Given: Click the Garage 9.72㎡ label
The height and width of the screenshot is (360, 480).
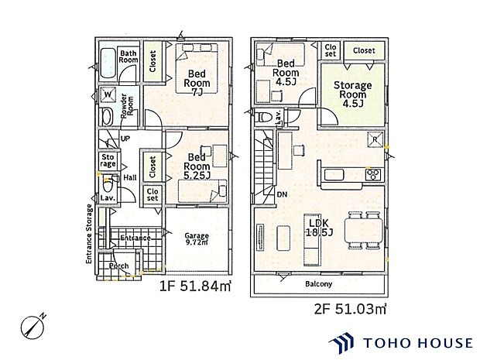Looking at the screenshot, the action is (197, 239).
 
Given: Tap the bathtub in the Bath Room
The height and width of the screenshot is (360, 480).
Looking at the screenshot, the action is (108, 63).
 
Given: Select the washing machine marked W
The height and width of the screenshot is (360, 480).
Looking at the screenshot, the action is (108, 94).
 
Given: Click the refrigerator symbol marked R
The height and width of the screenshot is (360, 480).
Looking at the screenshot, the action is (375, 139).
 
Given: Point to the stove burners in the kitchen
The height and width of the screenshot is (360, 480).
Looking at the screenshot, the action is (373, 175).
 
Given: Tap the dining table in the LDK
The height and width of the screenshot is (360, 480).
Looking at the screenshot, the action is (363, 230).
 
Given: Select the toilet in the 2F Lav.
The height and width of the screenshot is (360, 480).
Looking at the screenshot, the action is (263, 117).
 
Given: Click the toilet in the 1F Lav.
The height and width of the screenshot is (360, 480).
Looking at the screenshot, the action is (108, 184).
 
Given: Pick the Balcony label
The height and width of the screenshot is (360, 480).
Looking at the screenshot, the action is (318, 284).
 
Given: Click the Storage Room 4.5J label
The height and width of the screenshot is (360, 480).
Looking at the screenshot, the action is (353, 94).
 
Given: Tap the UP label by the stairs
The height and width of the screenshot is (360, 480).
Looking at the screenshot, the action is (125, 139).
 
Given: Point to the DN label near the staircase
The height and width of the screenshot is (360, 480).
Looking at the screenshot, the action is (282, 194).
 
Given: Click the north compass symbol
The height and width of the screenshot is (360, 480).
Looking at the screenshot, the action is (33, 327).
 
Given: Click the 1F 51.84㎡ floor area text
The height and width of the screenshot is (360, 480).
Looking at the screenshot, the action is (195, 286).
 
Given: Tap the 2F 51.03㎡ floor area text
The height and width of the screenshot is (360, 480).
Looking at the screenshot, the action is (350, 309).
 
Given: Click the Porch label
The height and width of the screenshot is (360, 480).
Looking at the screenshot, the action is (118, 266).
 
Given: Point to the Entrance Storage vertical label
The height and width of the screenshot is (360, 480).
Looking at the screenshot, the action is (89, 234).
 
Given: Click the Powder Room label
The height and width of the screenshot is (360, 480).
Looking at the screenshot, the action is (127, 106).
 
